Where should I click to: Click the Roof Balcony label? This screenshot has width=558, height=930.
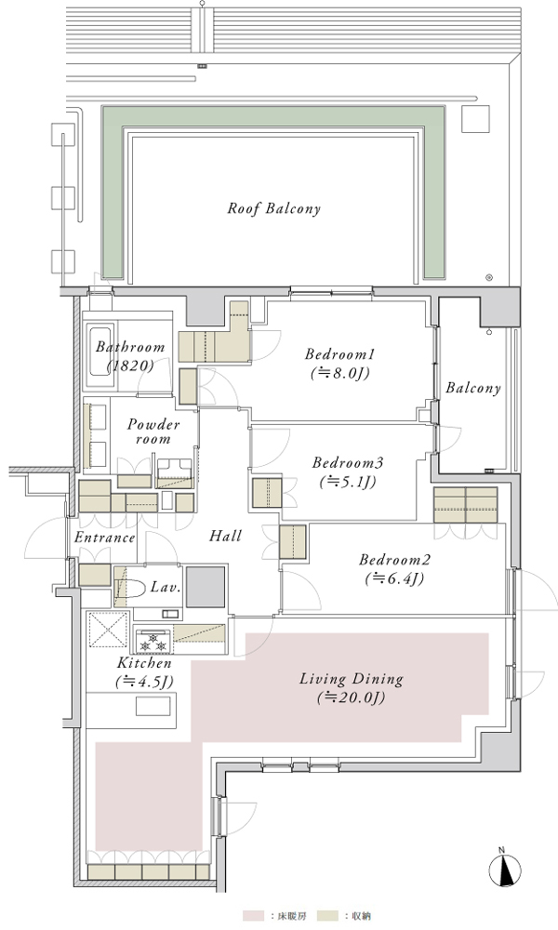click(274, 208)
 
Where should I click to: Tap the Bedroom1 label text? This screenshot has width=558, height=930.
click(340, 354)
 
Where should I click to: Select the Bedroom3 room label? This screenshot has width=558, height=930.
click(348, 462)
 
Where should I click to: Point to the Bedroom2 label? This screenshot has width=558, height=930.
click(394, 560)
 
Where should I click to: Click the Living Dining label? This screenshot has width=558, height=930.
click(351, 679)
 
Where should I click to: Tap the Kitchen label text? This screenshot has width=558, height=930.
click(144, 663)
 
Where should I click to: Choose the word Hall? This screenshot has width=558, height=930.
click(225, 537)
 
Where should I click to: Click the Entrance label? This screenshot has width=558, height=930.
click(105, 538)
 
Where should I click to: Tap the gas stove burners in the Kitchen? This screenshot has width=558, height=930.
click(153, 642)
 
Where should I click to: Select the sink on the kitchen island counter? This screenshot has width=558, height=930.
click(153, 707)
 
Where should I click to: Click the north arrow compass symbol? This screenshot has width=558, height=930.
click(505, 871)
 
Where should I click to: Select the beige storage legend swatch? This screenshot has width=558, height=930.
click(328, 916)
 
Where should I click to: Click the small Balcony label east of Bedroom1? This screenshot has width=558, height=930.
click(473, 389)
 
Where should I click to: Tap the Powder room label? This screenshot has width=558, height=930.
click(153, 432)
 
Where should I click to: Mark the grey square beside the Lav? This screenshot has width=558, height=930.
click(206, 587)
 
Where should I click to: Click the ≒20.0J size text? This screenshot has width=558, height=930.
click(351, 698)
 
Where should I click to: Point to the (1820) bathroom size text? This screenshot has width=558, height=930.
click(130, 365)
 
